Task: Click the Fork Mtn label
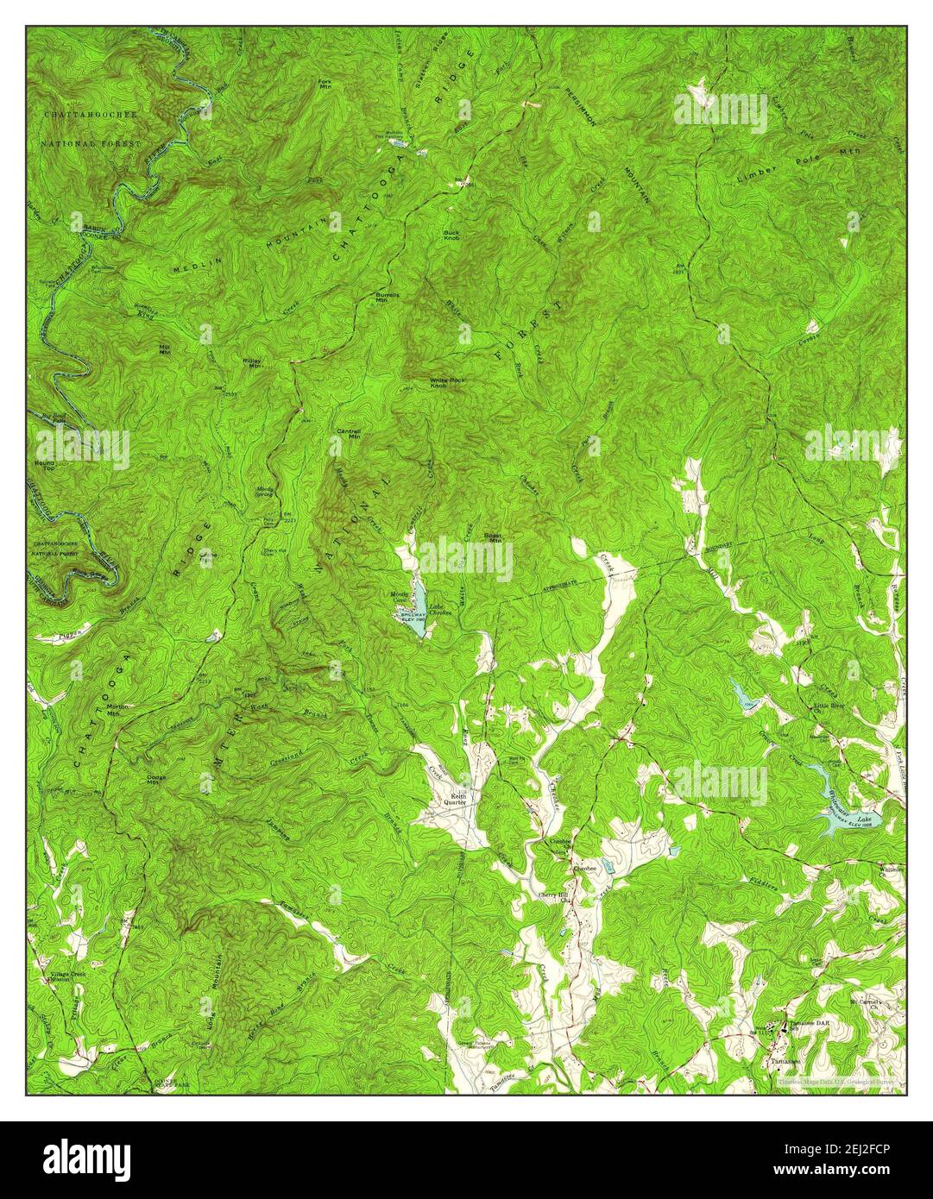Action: click(x=325, y=85)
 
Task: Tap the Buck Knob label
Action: click(x=451, y=234)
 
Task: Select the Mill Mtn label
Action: click(x=164, y=349)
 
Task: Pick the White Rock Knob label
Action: click(x=444, y=383)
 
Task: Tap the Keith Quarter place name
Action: click(x=454, y=800)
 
